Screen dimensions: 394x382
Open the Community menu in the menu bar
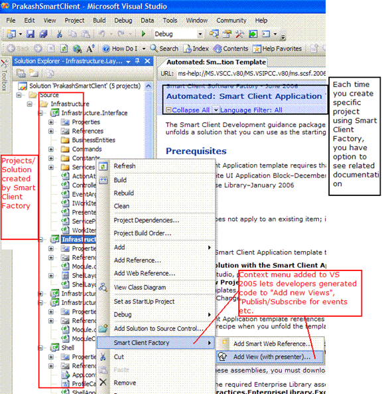231,21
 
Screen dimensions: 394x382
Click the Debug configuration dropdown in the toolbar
173,34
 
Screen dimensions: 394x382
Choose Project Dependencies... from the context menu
147,220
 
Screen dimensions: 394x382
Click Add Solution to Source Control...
159,328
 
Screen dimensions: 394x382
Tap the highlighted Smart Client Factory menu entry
141,343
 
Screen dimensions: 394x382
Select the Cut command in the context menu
119,357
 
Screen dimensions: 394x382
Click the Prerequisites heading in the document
196,151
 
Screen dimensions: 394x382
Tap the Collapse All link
191,110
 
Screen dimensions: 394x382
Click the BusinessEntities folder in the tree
93,140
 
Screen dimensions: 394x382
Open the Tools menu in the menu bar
170,21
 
